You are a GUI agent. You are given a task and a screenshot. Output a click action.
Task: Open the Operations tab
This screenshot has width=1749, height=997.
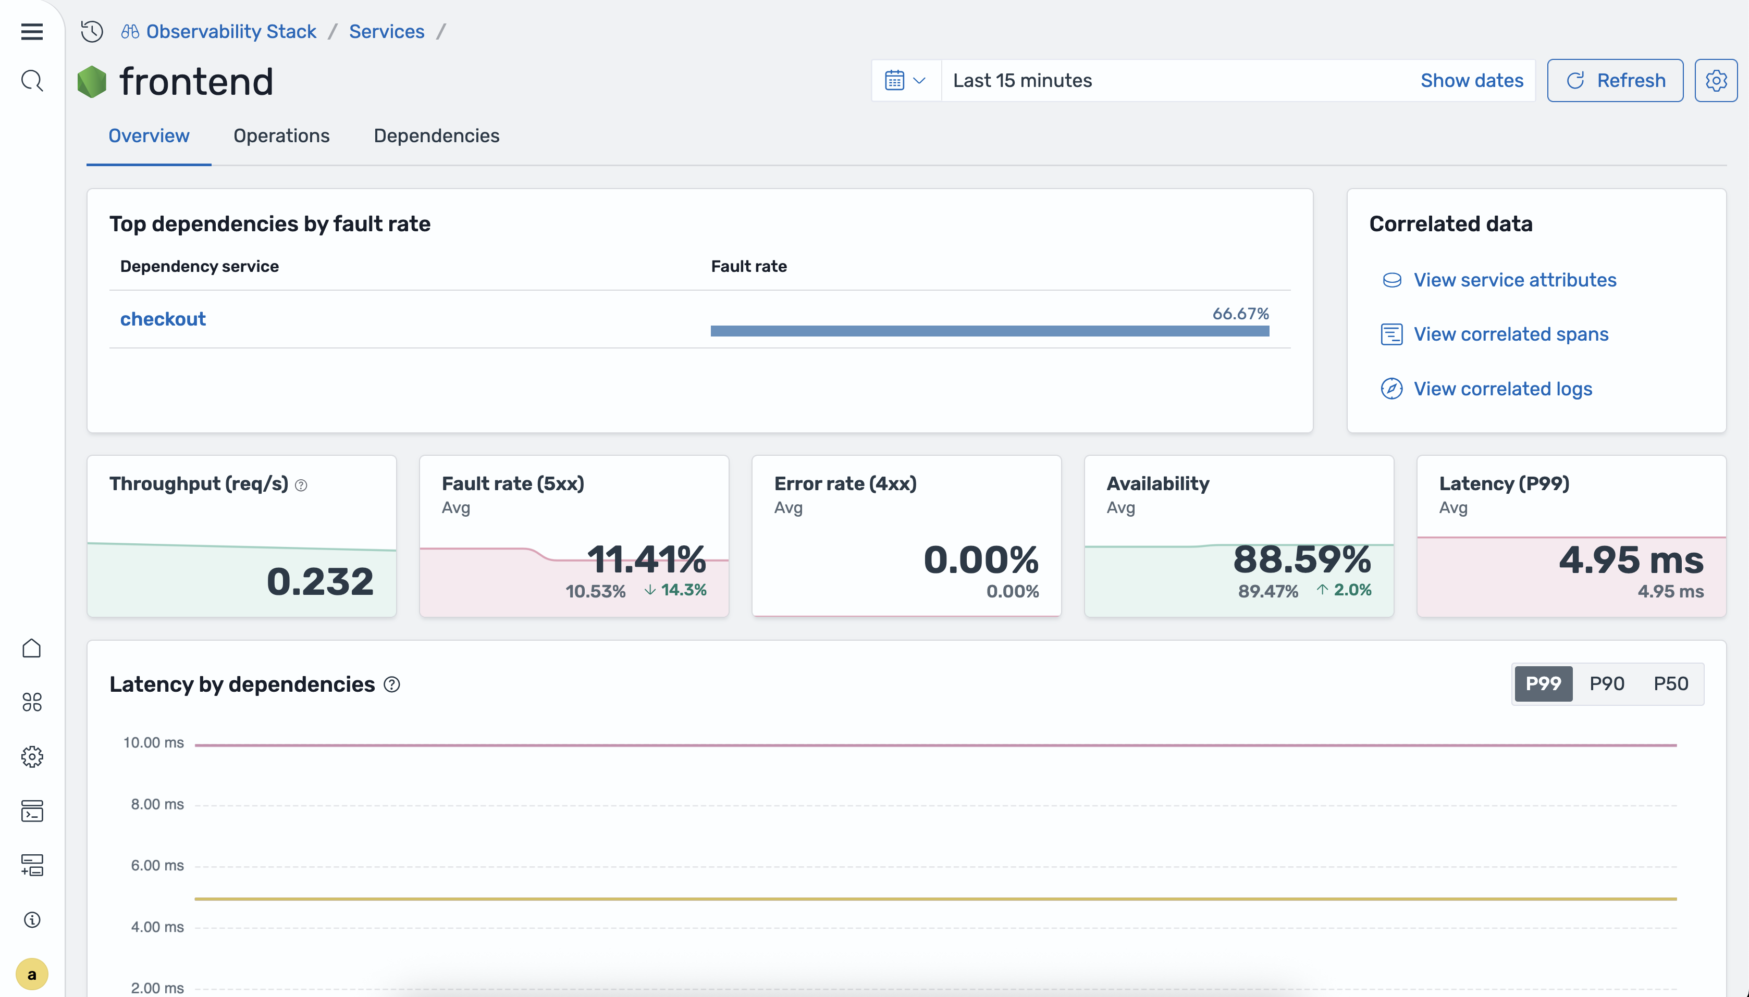281,135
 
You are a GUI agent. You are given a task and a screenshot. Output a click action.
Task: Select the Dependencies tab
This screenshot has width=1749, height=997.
436,135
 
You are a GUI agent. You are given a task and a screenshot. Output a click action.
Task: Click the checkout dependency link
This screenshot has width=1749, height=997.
163,319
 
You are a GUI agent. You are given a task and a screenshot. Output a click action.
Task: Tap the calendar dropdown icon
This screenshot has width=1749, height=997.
905,81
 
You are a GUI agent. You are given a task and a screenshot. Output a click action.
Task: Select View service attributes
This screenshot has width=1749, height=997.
1514,280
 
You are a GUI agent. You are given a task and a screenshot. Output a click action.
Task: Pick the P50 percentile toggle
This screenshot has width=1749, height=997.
1670,683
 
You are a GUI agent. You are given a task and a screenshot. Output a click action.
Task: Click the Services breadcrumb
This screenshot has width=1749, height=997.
386,31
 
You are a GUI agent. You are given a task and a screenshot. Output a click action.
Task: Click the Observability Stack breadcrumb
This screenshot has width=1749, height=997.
230,31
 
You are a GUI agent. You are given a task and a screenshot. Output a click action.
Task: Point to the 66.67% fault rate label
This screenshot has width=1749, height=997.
1240,314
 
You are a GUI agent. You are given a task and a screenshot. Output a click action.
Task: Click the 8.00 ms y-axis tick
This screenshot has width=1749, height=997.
157,804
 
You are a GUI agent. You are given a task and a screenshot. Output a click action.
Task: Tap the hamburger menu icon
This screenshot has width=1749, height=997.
31,31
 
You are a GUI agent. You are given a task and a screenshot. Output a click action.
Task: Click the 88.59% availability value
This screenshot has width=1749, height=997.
1302,559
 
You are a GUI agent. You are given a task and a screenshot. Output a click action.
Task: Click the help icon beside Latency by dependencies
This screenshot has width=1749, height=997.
391,685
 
